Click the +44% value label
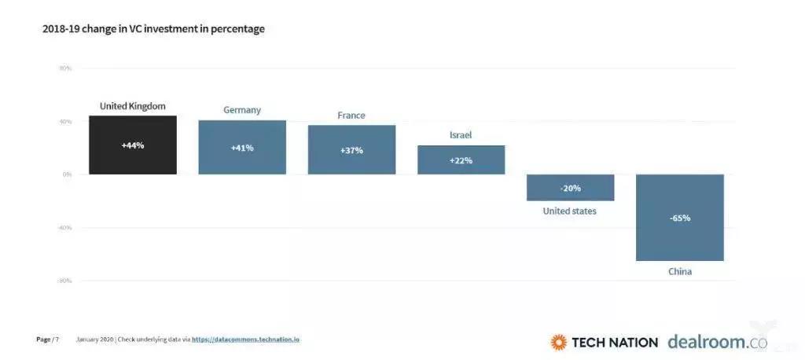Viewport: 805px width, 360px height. pyautogui.click(x=133, y=145)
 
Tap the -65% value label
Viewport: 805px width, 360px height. pyautogui.click(x=680, y=218)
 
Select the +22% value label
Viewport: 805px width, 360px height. pyautogui.click(x=461, y=160)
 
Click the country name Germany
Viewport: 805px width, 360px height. pyautogui.click(x=242, y=110)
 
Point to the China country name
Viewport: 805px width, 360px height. pyautogui.click(x=680, y=272)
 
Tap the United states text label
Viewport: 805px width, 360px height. pyautogui.click(x=569, y=211)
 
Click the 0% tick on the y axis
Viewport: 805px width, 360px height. pyautogui.click(x=67, y=174)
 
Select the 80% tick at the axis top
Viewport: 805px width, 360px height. pyautogui.click(x=65, y=68)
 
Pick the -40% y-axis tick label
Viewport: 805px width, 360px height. pyautogui.click(x=64, y=227)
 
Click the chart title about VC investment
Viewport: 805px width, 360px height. pyautogui.click(x=153, y=29)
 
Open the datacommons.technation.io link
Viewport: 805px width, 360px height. pyautogui.click(x=245, y=340)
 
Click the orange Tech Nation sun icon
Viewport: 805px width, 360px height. pyautogui.click(x=558, y=342)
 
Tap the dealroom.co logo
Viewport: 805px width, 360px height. pyautogui.click(x=716, y=341)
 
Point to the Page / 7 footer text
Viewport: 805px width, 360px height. pyautogui.click(x=47, y=340)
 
